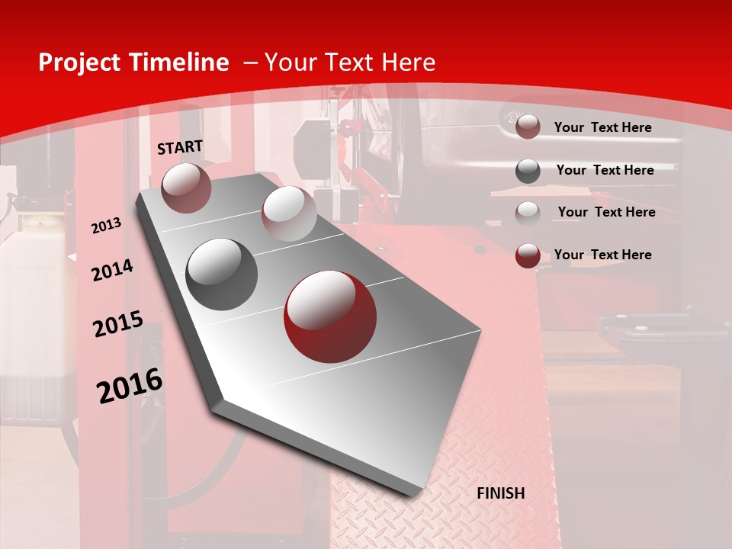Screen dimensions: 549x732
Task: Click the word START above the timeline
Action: [180, 146]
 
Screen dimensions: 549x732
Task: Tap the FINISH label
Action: [500, 493]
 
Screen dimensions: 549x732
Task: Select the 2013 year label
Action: [106, 226]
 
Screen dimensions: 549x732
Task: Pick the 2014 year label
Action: [112, 271]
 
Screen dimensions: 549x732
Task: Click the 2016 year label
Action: [130, 386]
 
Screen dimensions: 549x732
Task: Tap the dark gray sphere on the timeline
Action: [222, 274]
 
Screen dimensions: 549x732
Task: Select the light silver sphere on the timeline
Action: [289, 213]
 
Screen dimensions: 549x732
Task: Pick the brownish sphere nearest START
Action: [187, 188]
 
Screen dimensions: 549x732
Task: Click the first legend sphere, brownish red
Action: [528, 127]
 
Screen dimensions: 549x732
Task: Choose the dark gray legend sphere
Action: [528, 170]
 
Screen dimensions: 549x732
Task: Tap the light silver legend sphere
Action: [528, 213]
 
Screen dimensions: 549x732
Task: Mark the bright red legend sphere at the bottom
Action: [528, 255]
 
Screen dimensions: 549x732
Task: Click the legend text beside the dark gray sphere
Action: [605, 170]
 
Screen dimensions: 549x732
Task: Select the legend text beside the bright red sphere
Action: [602, 255]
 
